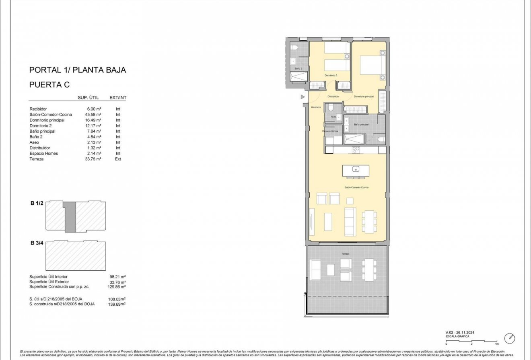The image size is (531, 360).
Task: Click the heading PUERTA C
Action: click(49, 85)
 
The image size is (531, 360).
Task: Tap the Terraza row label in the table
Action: click(37, 159)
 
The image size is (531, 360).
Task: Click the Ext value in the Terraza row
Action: click(118, 159)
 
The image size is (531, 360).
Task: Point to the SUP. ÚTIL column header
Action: click(88, 98)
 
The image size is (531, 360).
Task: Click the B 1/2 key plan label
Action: click(37, 204)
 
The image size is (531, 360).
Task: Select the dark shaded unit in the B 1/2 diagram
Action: click(70, 217)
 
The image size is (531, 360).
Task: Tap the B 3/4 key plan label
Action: click(37, 243)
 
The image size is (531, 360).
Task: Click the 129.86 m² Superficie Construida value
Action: click(117, 287)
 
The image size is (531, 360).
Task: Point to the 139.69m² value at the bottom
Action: click(117, 304)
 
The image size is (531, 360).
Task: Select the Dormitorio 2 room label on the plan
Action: click(331, 76)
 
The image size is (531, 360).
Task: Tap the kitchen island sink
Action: click(356, 169)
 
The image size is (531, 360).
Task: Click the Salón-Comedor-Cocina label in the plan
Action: click(356, 187)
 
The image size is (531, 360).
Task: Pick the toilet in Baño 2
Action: click(294, 48)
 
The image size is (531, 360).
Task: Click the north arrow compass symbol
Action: click(510, 338)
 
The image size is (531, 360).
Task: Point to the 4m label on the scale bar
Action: click(497, 344)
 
